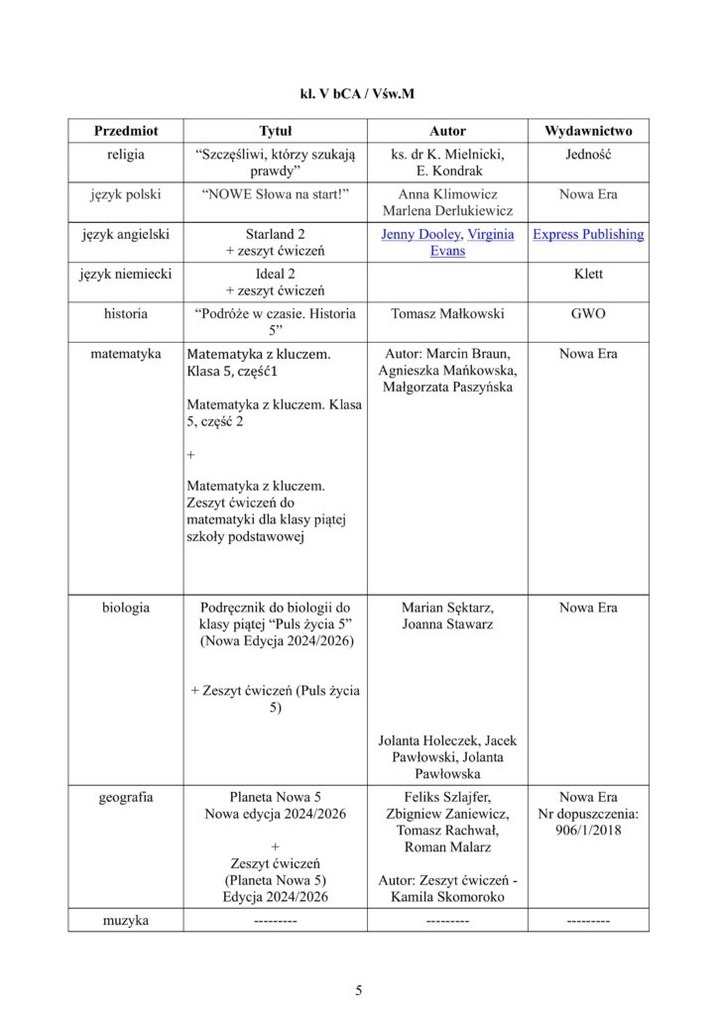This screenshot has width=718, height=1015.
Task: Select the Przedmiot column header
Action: (126, 131)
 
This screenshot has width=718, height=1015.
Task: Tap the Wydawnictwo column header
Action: (588, 131)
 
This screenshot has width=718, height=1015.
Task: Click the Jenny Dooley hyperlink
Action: (420, 235)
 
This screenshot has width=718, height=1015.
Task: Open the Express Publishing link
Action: (588, 235)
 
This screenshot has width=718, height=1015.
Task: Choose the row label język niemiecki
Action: (126, 274)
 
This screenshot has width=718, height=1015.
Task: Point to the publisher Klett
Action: (588, 274)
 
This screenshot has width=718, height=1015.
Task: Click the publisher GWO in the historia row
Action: (588, 313)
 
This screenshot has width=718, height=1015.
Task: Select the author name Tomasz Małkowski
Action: (447, 313)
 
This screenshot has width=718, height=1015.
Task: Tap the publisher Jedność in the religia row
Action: (588, 155)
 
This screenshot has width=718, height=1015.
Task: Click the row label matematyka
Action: (126, 353)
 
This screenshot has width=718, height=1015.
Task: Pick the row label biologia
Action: (126, 607)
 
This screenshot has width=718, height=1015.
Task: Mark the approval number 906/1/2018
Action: (588, 831)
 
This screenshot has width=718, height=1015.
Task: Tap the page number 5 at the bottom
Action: (359, 989)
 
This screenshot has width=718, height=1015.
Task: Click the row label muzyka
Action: (126, 921)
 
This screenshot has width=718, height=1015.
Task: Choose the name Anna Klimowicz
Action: (447, 194)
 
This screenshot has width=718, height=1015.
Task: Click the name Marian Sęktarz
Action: (447, 607)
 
